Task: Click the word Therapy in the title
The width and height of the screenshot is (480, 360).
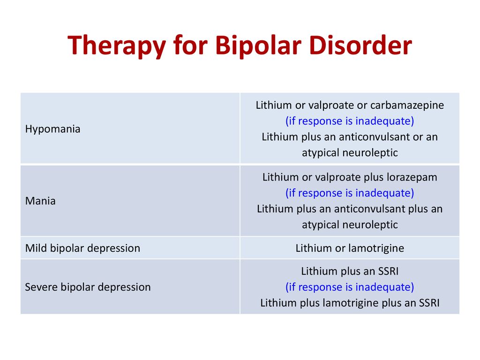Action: point(117,45)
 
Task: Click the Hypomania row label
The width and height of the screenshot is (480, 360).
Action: point(52,129)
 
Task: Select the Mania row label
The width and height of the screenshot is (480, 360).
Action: point(40,201)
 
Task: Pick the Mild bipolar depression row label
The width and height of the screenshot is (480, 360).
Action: point(82,248)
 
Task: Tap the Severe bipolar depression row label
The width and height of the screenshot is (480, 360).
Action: point(88,287)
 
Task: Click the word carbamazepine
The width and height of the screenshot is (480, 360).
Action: point(407,105)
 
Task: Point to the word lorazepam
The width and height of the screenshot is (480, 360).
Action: point(412,177)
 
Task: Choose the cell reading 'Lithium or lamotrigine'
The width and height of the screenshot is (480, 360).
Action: point(350,248)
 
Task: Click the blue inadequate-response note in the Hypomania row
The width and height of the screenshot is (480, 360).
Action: point(350,121)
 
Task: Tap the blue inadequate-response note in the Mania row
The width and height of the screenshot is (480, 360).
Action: point(350,193)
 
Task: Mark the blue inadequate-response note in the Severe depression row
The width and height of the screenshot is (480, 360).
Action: point(350,287)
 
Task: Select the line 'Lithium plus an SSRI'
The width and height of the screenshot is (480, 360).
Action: point(350,271)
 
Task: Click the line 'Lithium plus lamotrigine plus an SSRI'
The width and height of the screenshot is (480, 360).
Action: point(350,303)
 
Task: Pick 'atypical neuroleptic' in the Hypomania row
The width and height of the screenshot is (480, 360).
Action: point(350,152)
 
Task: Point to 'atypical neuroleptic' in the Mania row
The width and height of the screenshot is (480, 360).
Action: point(350,225)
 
